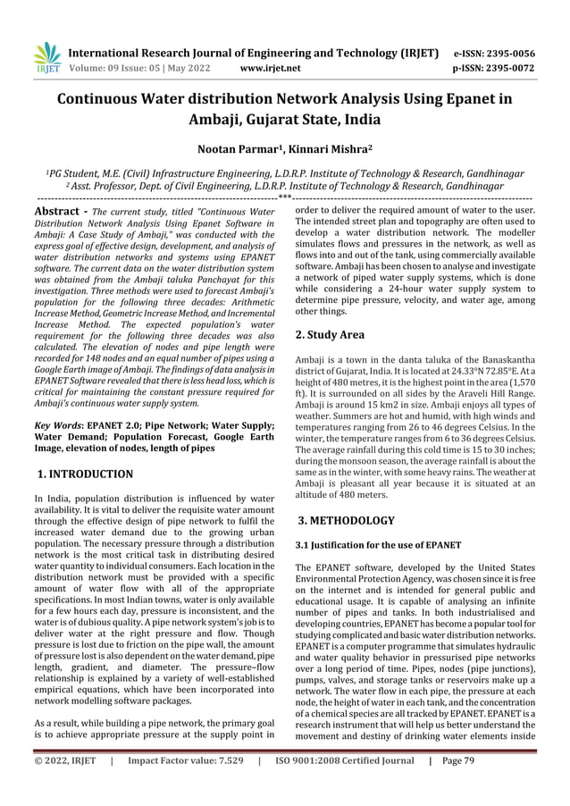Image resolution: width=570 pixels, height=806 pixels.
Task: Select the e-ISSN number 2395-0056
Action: click(529, 53)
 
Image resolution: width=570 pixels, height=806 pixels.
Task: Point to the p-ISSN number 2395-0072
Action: click(529, 67)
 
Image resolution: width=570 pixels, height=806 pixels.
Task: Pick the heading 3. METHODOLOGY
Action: click(344, 519)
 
